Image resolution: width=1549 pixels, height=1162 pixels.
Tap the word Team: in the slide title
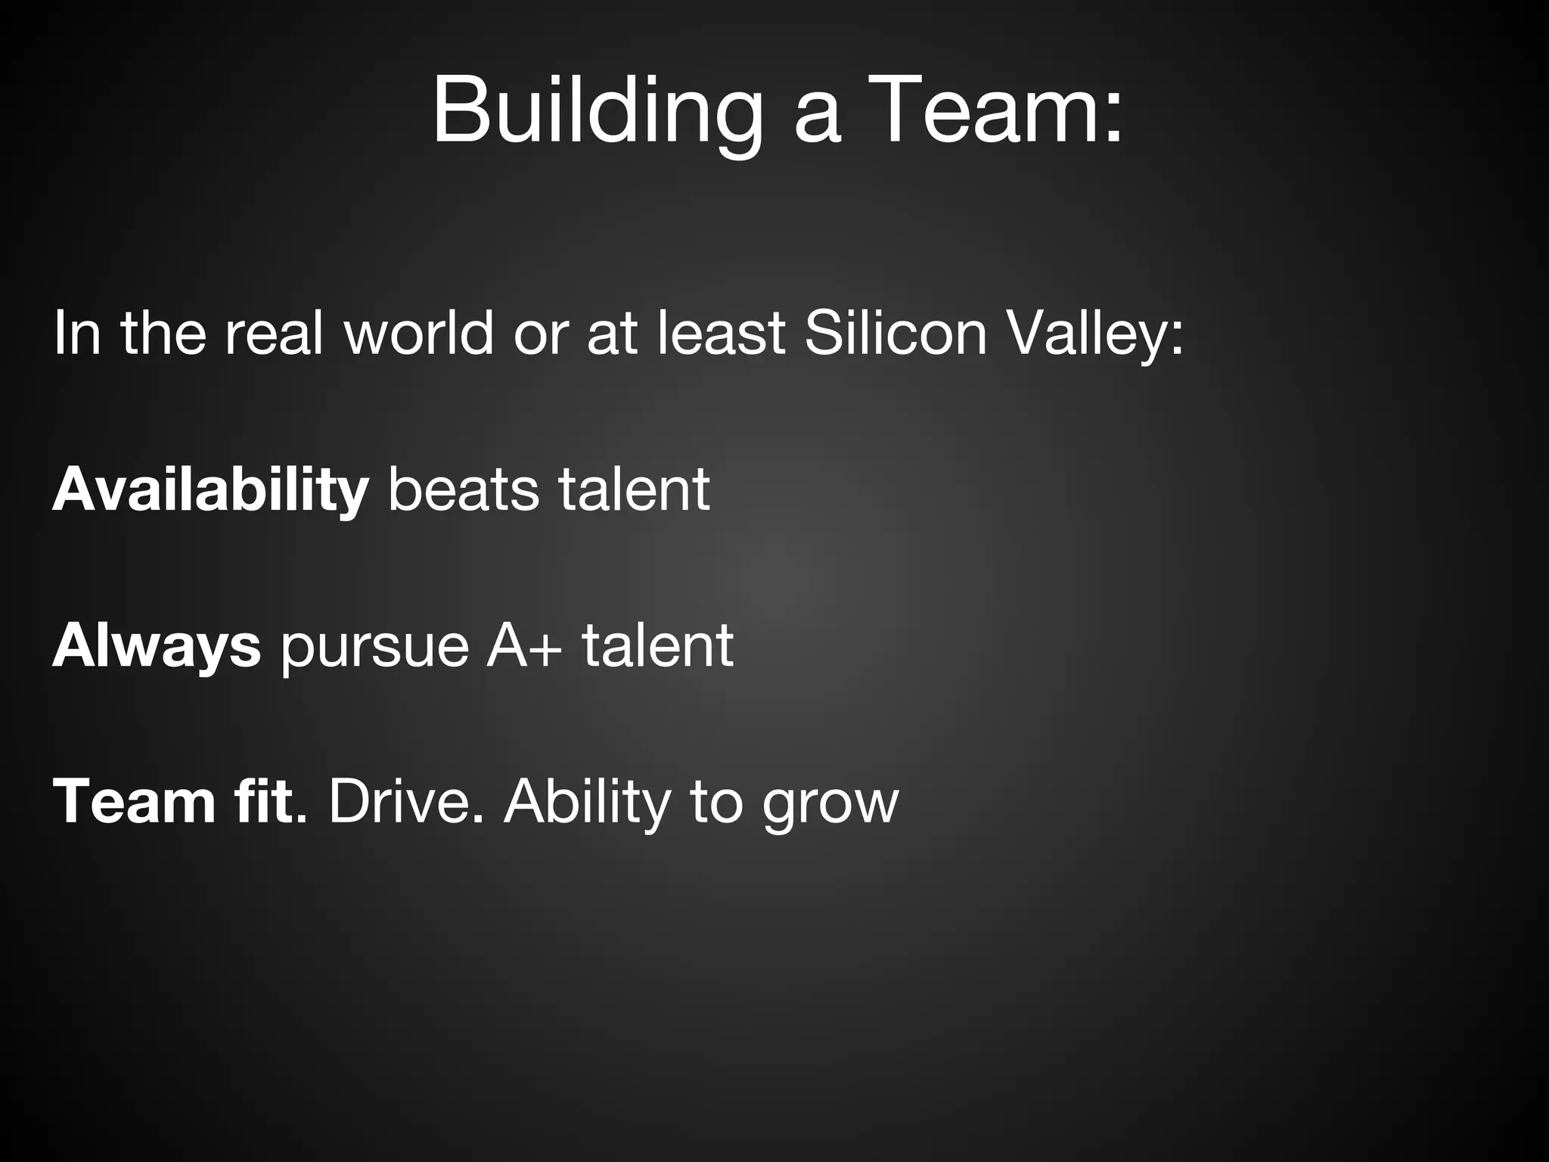pyautogui.click(x=998, y=112)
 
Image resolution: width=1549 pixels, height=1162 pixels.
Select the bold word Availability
pyautogui.click(x=210, y=490)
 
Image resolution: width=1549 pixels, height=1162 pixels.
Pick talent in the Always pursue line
pyautogui.click(x=657, y=646)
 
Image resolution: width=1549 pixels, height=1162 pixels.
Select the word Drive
pyautogui.click(x=405, y=802)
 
